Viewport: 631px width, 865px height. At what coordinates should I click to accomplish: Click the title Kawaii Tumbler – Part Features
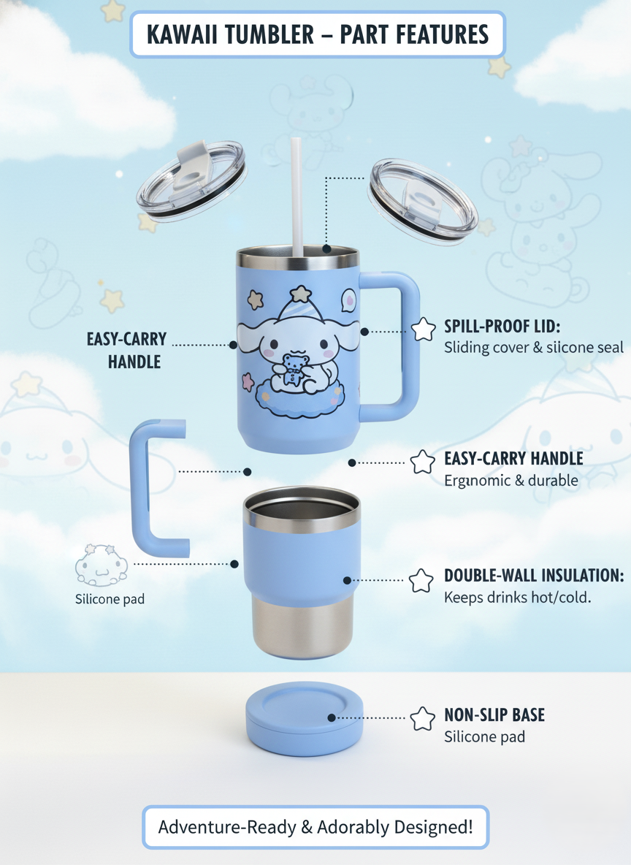click(318, 34)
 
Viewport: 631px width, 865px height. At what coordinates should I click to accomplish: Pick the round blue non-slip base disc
click(305, 718)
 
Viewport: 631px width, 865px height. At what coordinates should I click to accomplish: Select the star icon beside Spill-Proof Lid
click(424, 329)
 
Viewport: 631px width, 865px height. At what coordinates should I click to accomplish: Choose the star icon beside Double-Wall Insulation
click(421, 580)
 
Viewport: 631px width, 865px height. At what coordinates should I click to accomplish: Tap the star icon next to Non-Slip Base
click(422, 718)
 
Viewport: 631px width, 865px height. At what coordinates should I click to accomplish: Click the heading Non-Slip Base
click(494, 715)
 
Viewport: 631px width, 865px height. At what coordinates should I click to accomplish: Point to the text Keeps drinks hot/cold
click(517, 597)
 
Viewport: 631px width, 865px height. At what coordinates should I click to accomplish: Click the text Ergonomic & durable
click(510, 480)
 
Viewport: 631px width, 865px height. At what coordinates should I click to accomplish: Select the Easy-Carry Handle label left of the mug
click(126, 350)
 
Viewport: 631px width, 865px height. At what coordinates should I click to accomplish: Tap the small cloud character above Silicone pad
click(102, 565)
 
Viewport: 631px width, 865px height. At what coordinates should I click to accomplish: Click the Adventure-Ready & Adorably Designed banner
click(315, 827)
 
